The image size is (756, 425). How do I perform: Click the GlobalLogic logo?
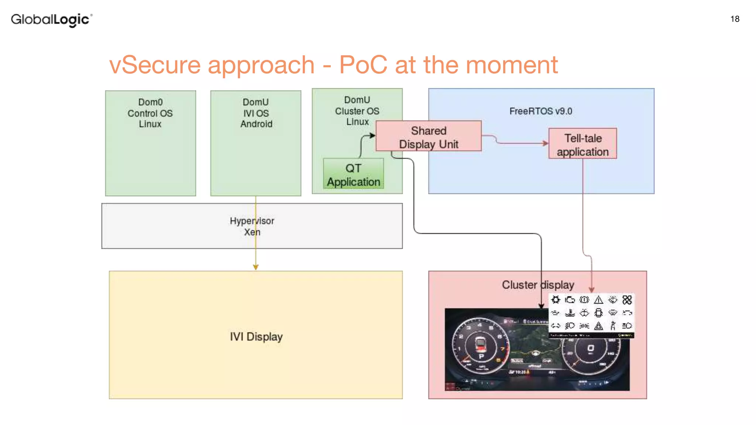[51, 19]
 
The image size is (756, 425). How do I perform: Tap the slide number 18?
[735, 19]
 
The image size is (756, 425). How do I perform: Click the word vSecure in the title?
[155, 65]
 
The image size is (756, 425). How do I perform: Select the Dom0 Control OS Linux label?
[150, 113]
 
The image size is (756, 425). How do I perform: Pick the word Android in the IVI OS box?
[256, 124]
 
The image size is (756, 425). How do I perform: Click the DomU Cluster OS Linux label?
[357, 111]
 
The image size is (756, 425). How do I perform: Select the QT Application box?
[353, 175]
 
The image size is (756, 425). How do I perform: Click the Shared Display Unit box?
[428, 137]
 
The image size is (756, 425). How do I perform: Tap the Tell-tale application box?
[583, 145]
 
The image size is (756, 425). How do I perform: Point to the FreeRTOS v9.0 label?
[540, 111]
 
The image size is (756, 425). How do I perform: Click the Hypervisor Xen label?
[252, 226]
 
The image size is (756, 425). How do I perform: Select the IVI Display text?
[256, 336]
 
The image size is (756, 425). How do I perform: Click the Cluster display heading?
[537, 285]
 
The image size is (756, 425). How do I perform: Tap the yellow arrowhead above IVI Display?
[255, 267]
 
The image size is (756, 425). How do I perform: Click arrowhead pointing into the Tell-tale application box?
[545, 143]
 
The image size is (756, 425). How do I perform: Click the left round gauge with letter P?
[481, 346]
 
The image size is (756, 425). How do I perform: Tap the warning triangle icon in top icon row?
[598, 300]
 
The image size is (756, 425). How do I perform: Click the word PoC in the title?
[363, 65]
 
